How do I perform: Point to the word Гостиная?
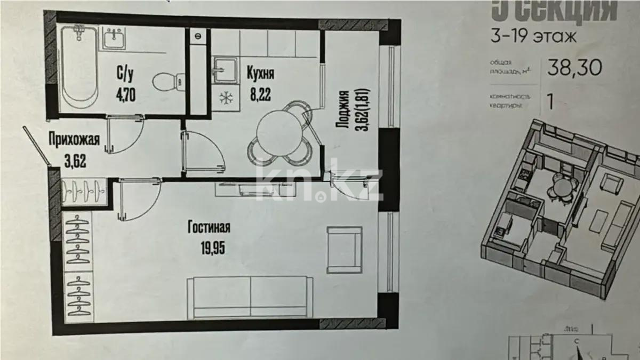pos(209,228)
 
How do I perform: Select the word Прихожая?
pos(74,140)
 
